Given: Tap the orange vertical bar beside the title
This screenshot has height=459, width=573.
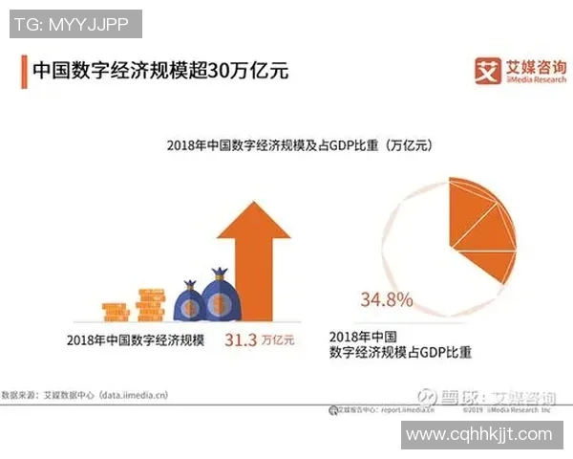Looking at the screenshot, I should coord(23,72).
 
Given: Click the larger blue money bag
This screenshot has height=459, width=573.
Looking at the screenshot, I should coord(218,297).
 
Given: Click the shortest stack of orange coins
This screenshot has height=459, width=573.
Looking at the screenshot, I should coord(116,312).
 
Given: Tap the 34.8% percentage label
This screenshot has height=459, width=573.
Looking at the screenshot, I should coord(387,300).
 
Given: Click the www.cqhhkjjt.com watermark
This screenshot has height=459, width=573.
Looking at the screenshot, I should coord(478,435).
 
